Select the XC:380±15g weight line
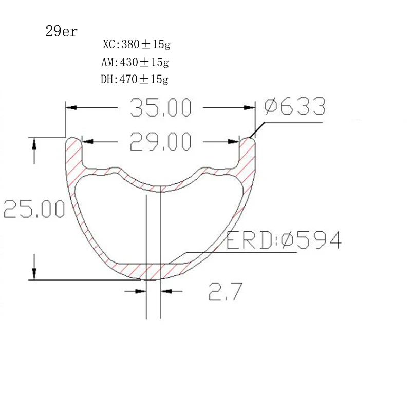click(136, 45)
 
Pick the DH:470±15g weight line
click(135, 80)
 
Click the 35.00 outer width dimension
click(160, 108)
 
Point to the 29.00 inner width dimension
click(160, 141)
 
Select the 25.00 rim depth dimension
click(34, 210)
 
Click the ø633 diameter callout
click(295, 107)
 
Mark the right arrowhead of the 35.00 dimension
click(250, 108)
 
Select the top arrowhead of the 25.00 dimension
click(34, 143)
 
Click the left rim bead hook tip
click(73, 140)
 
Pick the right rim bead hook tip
click(248, 140)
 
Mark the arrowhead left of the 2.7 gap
click(140, 291)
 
